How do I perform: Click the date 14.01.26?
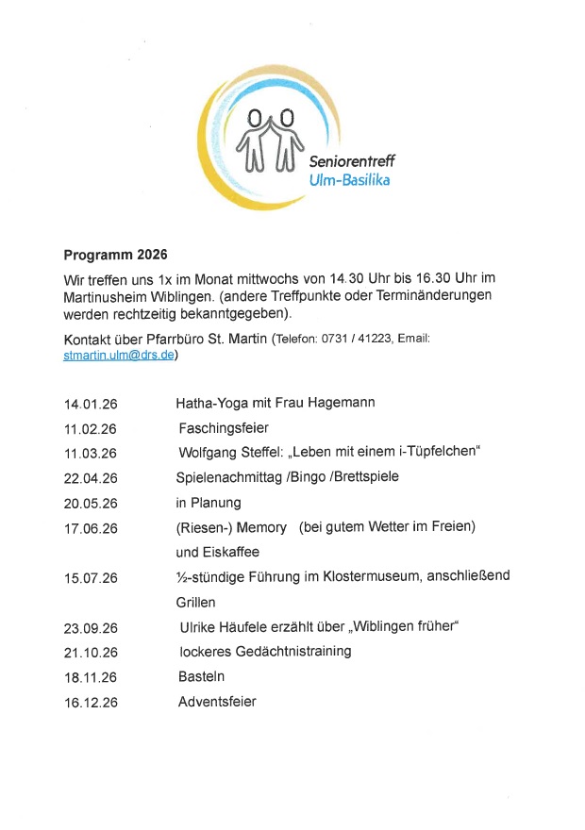click(x=91, y=405)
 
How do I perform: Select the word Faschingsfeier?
click(x=224, y=428)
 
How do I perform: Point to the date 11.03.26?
click(x=91, y=454)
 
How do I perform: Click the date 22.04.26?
click(x=91, y=478)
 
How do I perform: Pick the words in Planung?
click(x=209, y=503)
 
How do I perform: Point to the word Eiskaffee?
click(x=218, y=552)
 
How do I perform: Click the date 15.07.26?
click(x=91, y=577)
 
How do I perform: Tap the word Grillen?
click(x=196, y=602)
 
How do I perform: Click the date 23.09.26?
click(x=91, y=627)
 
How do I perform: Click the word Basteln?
click(x=201, y=676)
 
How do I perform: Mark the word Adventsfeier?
click(x=217, y=701)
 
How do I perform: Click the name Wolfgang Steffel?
click(x=225, y=453)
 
